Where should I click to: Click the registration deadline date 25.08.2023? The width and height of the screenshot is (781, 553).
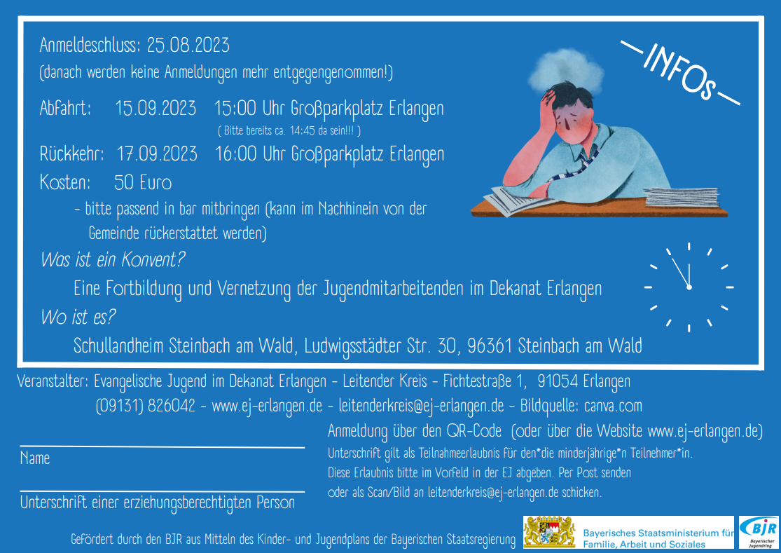pyautogui.click(x=188, y=46)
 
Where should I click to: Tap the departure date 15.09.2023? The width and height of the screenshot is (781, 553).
pyautogui.click(x=155, y=108)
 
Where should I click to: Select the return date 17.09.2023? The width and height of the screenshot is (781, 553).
pyautogui.click(x=157, y=154)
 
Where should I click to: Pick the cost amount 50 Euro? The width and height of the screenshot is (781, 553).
pyautogui.click(x=143, y=183)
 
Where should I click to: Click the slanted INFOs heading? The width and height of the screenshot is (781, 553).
pyautogui.click(x=680, y=72)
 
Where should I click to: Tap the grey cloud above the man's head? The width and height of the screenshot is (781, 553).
pyautogui.click(x=567, y=70)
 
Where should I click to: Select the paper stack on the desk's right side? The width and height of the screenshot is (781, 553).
pyautogui.click(x=682, y=197)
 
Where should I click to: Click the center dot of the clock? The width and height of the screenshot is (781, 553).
pyautogui.click(x=689, y=287)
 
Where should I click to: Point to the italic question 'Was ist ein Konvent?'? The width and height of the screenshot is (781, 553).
pyautogui.click(x=113, y=259)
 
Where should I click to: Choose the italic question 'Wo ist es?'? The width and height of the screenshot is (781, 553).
pyautogui.click(x=78, y=317)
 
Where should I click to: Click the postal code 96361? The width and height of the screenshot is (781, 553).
pyautogui.click(x=490, y=346)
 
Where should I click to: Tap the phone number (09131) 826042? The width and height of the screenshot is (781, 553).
pyautogui.click(x=146, y=406)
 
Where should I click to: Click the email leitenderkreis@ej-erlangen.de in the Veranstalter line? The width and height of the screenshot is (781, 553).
pyautogui.click(x=422, y=406)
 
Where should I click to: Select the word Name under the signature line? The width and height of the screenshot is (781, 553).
pyautogui.click(x=35, y=458)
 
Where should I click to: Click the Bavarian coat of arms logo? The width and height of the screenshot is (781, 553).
pyautogui.click(x=549, y=532)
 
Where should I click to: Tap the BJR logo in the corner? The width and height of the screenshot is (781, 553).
pyautogui.click(x=759, y=532)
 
